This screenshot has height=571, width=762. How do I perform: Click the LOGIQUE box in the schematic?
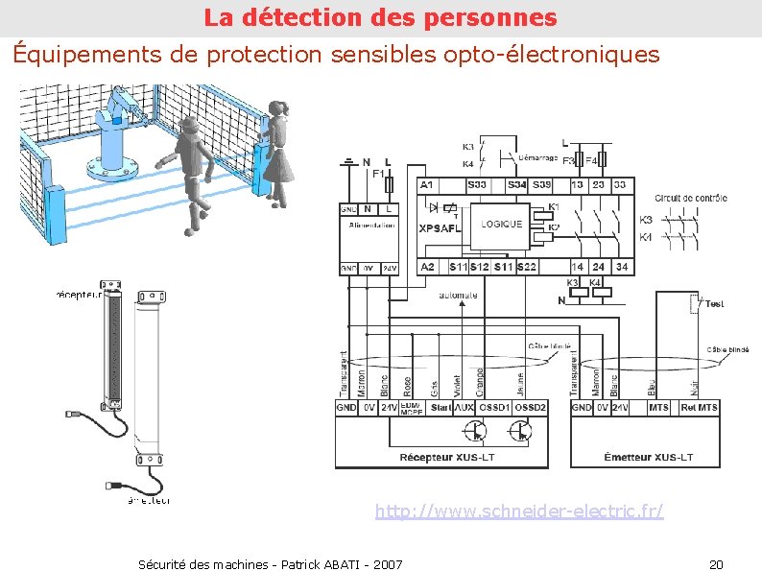(x=501, y=225)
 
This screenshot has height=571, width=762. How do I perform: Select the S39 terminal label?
(x=542, y=183)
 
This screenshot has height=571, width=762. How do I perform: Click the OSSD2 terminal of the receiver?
(x=530, y=408)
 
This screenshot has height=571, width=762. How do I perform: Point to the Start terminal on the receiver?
(x=441, y=408)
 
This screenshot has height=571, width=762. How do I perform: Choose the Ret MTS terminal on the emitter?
(x=699, y=408)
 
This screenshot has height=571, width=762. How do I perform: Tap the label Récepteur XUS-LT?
(x=441, y=457)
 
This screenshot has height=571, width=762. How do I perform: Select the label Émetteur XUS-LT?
(x=648, y=457)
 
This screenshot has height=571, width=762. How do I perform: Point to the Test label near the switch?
(x=714, y=303)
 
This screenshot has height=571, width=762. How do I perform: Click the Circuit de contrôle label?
(x=691, y=199)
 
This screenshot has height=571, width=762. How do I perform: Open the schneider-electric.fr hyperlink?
(x=518, y=512)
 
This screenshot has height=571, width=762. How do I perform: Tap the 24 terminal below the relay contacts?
(x=598, y=266)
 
